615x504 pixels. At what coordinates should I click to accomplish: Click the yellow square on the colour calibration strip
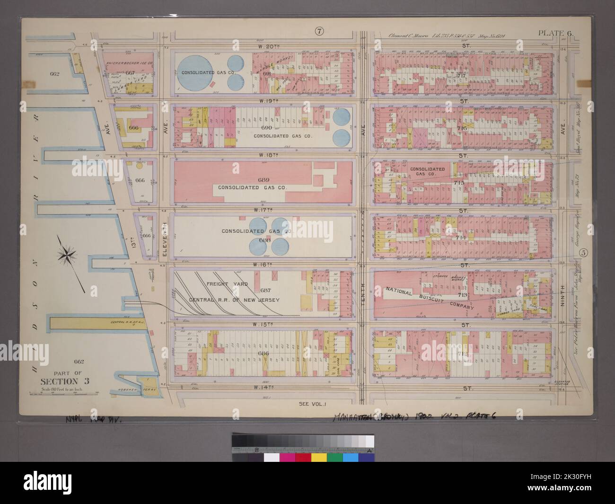[319, 458]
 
